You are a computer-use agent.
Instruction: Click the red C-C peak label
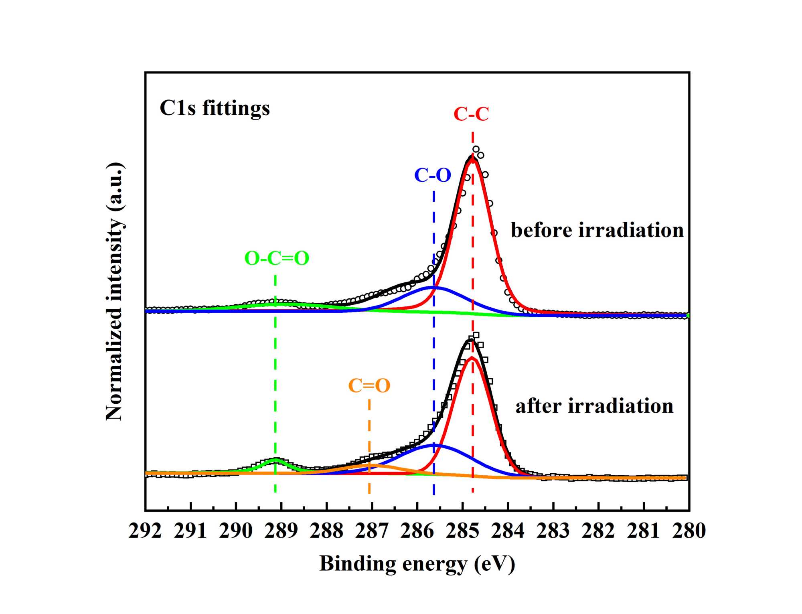click(x=471, y=114)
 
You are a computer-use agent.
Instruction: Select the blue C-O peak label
click(x=433, y=175)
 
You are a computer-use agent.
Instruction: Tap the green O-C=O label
click(x=277, y=258)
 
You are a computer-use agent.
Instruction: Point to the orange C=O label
click(x=369, y=386)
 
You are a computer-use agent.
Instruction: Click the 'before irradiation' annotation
click(x=597, y=230)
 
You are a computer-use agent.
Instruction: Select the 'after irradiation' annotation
click(x=594, y=406)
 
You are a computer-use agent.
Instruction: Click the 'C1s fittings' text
click(x=215, y=108)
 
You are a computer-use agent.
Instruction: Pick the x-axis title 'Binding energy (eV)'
click(x=417, y=563)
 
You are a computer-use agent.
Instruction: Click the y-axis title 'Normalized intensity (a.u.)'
click(x=115, y=292)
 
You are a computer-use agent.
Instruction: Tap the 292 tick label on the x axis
click(x=145, y=531)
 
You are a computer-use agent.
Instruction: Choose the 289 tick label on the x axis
click(x=281, y=531)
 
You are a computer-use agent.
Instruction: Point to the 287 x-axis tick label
click(x=372, y=531)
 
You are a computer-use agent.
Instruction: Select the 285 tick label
click(x=462, y=531)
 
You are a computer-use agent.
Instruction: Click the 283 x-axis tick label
click(x=553, y=531)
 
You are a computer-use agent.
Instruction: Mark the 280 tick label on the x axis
click(x=689, y=531)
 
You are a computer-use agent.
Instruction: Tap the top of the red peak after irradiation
click(x=472, y=357)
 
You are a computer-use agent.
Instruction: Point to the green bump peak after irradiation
click(x=275, y=459)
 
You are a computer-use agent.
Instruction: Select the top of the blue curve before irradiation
click(x=434, y=287)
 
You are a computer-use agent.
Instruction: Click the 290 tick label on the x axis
click(x=236, y=531)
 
